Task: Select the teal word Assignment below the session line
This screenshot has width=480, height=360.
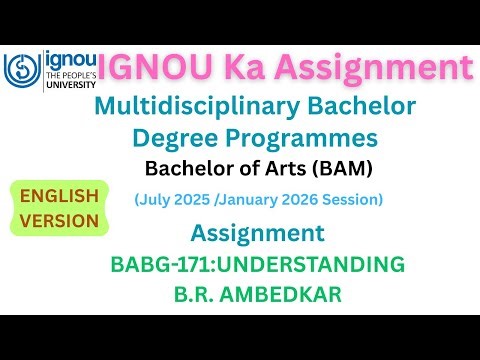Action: (x=257, y=234)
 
